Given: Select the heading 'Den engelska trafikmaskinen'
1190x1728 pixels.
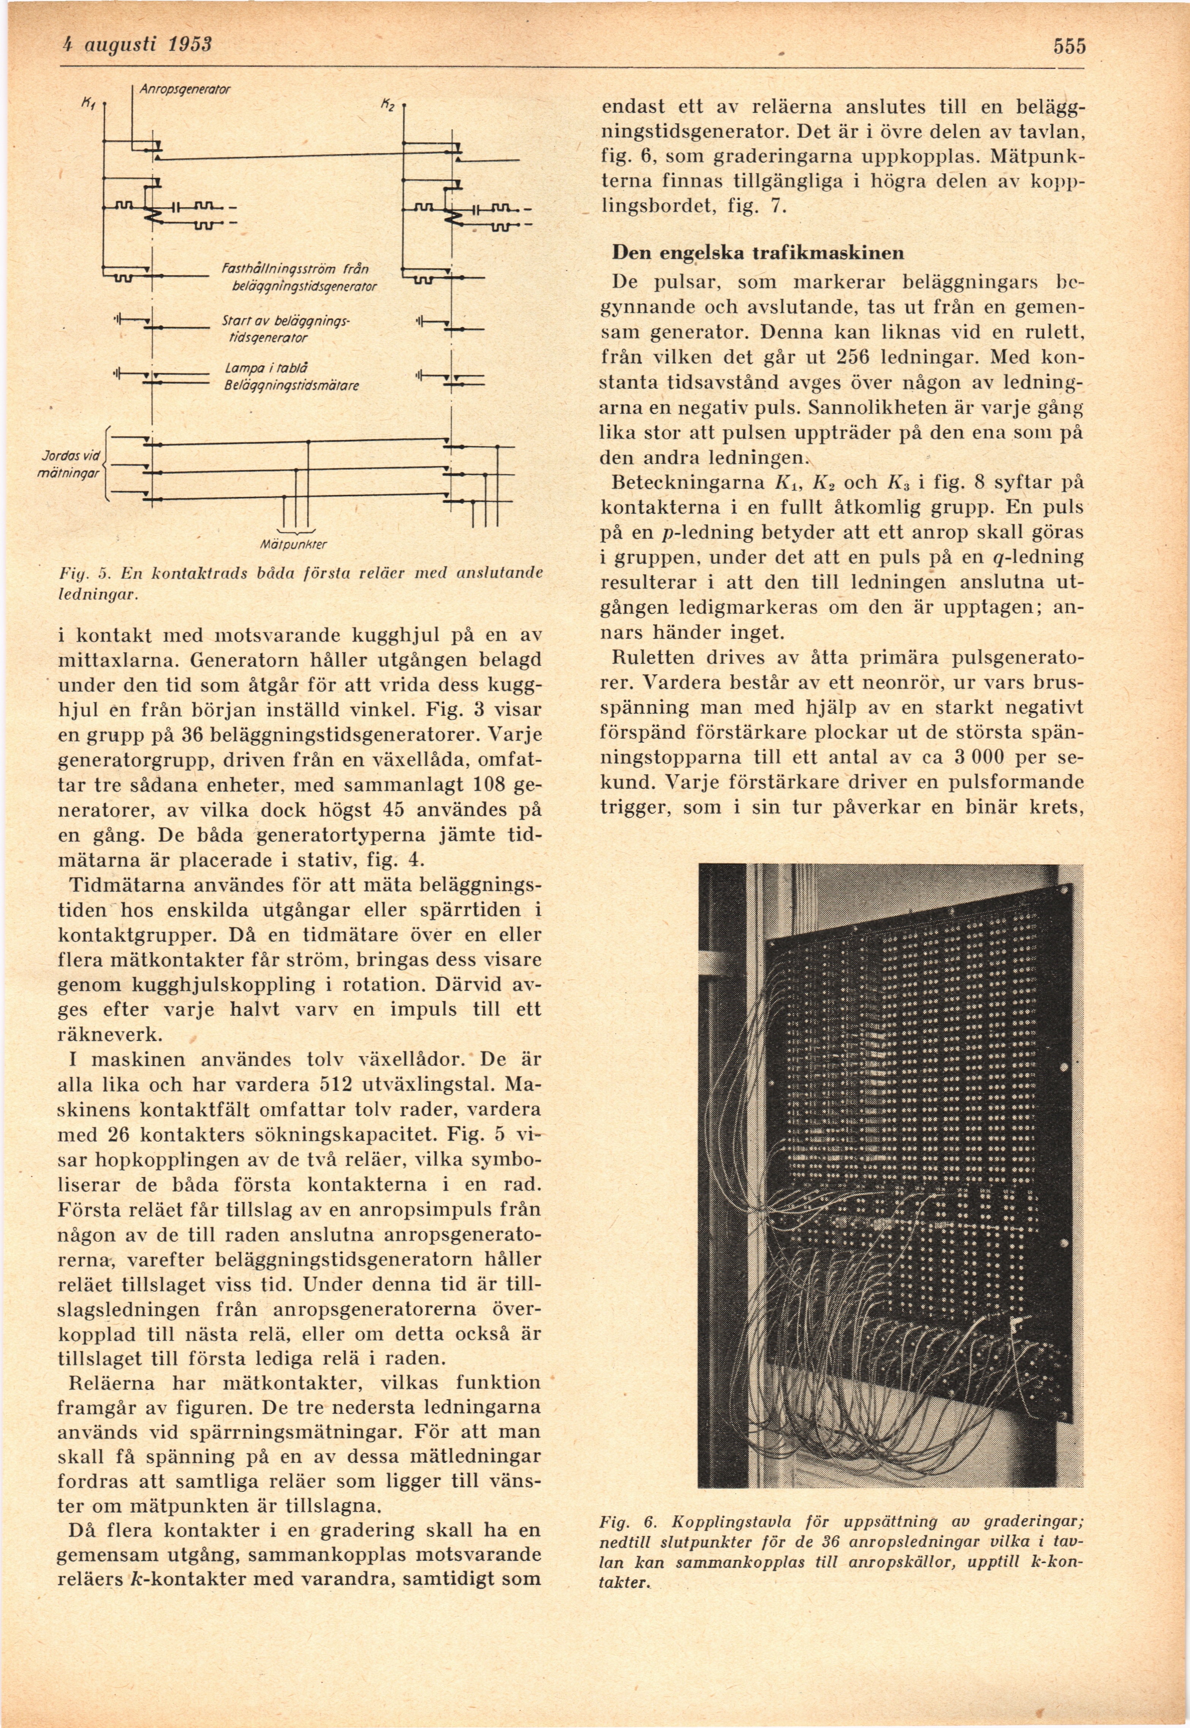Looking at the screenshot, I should tap(758, 253).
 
